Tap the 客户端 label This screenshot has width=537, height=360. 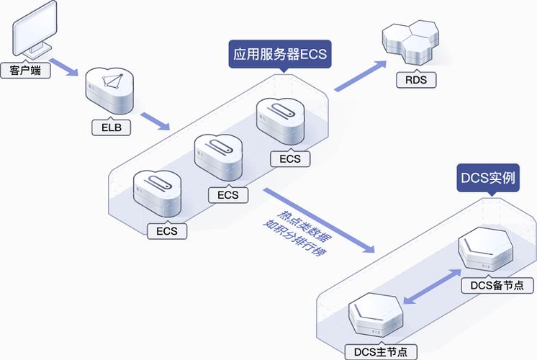(x=25, y=71)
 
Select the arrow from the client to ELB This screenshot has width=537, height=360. (x=63, y=63)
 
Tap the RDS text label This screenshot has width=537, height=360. (x=415, y=80)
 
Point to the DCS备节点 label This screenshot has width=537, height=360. (x=502, y=285)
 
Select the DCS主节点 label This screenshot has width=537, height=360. (x=381, y=351)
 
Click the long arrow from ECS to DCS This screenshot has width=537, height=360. (x=320, y=220)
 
